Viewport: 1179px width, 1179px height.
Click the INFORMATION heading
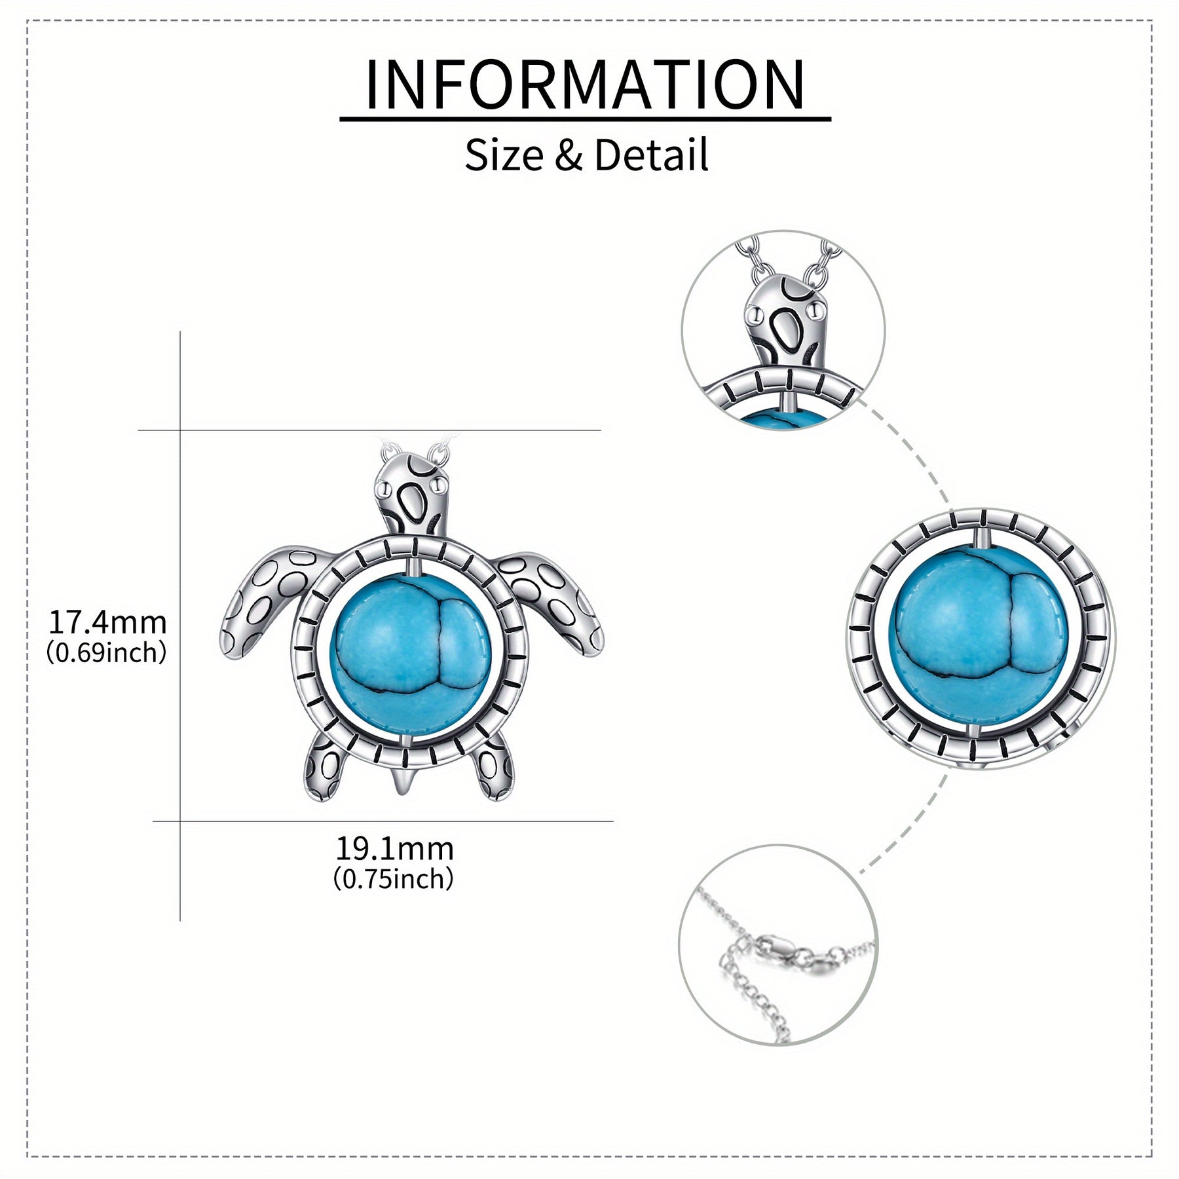pyautogui.click(x=584, y=85)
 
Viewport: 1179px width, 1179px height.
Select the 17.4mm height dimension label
pyautogui.click(x=107, y=622)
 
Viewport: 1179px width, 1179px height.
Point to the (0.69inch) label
pyautogui.click(x=107, y=653)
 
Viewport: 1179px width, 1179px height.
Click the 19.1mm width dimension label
pyautogui.click(x=394, y=849)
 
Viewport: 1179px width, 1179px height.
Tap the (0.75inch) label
pyautogui.click(x=394, y=879)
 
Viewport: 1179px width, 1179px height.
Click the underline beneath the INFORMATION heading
pyautogui.click(x=585, y=119)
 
